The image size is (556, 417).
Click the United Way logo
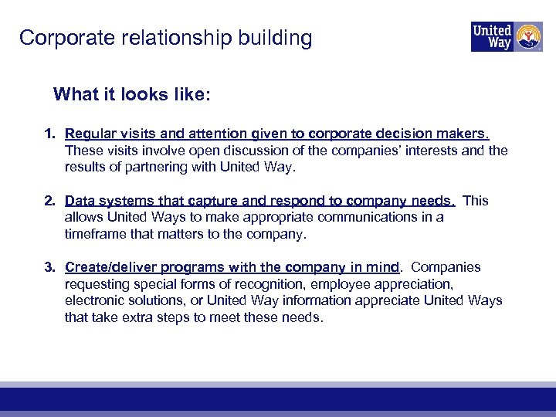click(506, 36)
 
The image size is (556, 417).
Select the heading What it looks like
click(131, 95)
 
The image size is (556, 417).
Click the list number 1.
click(49, 134)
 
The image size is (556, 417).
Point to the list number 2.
click(49, 201)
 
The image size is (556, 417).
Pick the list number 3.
click(49, 267)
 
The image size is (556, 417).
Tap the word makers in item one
click(466, 134)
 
